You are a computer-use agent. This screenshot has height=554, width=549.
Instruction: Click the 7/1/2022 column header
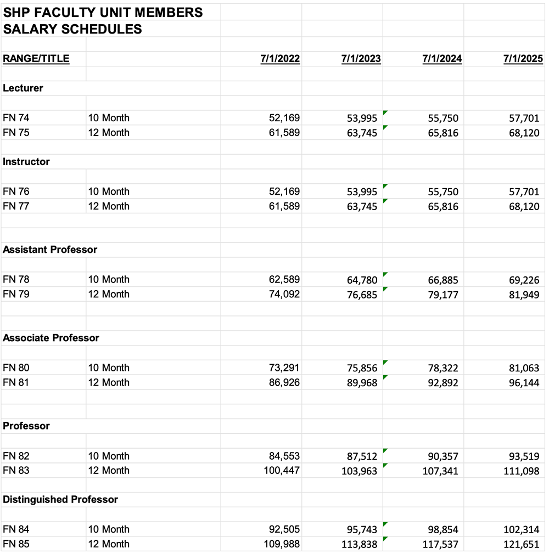280,59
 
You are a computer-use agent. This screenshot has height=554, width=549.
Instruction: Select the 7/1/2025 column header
523,59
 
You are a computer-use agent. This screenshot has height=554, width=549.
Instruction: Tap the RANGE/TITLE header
36,59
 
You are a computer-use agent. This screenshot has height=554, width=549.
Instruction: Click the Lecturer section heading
23,88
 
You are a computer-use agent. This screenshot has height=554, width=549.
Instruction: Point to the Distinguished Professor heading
60,499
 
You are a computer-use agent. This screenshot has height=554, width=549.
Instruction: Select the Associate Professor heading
51,338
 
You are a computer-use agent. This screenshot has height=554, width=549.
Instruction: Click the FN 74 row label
16,118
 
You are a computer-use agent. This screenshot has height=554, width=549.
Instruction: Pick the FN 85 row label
16,544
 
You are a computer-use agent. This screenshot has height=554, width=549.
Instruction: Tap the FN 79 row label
16,294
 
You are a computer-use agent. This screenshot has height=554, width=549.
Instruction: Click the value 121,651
521,544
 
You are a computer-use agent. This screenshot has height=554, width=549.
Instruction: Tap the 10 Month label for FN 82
109,456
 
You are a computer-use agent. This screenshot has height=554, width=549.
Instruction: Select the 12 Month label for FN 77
109,206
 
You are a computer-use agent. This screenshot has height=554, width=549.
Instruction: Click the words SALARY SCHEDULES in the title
72,29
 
